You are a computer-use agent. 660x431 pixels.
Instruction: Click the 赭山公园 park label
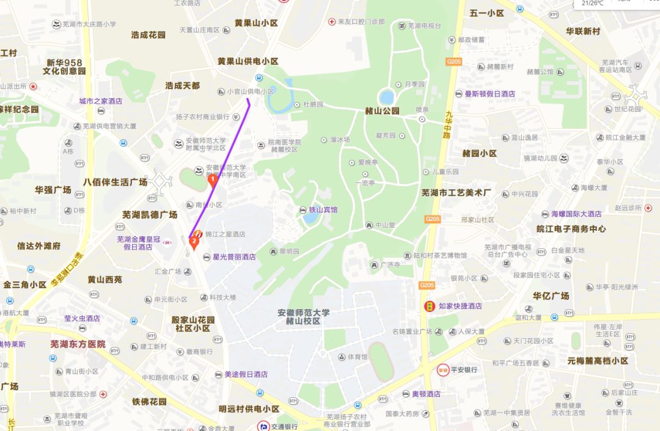coord(382,110)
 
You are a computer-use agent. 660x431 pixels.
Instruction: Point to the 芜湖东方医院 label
coord(78,344)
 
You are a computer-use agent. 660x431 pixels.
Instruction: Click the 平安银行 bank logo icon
coord(443,370)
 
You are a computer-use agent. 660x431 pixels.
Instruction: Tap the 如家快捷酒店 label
coord(460,306)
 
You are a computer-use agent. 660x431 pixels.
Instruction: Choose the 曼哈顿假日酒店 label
coord(490,94)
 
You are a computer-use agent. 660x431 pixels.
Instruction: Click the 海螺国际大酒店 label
coord(576,214)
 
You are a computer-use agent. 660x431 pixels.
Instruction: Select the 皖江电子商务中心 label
coord(571,229)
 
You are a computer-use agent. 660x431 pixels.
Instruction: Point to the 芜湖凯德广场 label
coord(149,215)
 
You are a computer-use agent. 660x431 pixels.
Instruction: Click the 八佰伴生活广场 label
coord(116,182)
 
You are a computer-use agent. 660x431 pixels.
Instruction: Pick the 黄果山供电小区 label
coord(248,62)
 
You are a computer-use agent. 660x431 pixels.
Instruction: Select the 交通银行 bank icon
coord(263,426)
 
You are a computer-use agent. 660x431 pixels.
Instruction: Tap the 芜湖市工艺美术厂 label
coord(457,193)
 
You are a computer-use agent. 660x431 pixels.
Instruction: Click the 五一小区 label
coord(486,13)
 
